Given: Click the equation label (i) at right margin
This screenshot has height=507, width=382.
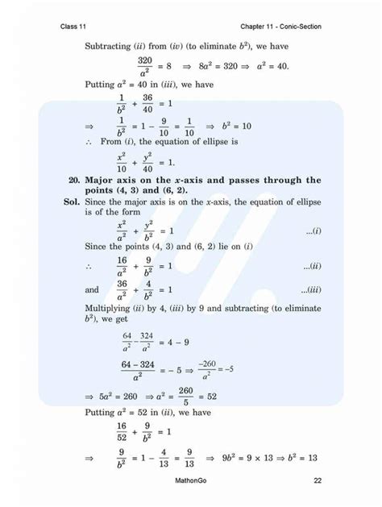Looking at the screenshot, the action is pos(313,231).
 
